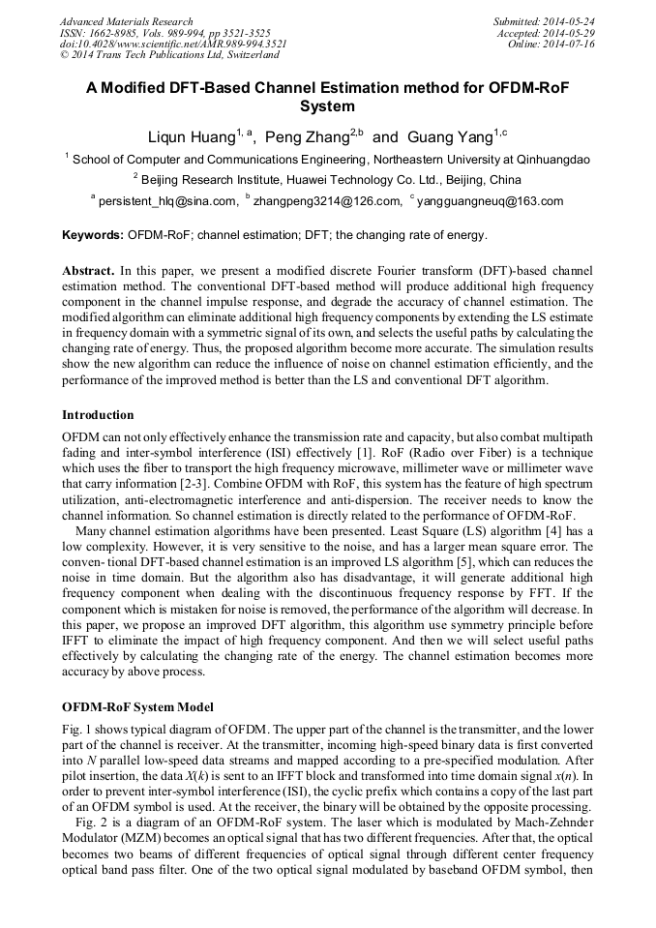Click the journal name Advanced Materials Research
pyautogui.click(x=126, y=21)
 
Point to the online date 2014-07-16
pyautogui.click(x=570, y=45)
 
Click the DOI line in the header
pyautogui.click(x=173, y=45)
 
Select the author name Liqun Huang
pyautogui.click(x=190, y=136)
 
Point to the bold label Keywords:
pyautogui.click(x=93, y=235)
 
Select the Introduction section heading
pyautogui.click(x=98, y=415)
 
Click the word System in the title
pyautogui.click(x=328, y=106)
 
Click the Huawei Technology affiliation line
pyautogui.click(x=327, y=180)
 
